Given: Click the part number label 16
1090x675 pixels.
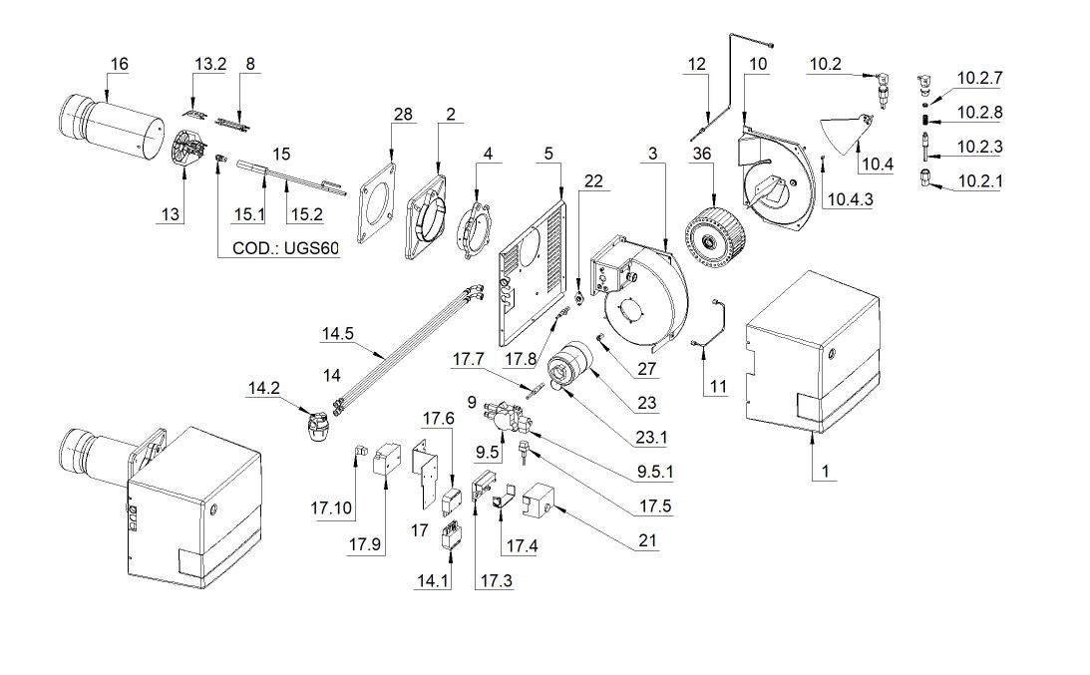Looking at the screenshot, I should (119, 64).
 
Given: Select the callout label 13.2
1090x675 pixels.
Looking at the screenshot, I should (209, 64).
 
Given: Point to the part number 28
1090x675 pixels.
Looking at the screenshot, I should (402, 115).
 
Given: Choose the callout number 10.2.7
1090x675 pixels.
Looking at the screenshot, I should (980, 77).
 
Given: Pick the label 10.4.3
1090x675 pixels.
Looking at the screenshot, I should (849, 199).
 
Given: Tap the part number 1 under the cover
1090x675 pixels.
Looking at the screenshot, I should (824, 469).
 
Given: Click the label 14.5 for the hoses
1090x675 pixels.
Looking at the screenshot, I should (337, 335).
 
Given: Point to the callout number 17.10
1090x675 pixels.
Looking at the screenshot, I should (331, 508).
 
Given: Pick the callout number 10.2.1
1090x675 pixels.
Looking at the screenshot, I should (980, 180).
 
